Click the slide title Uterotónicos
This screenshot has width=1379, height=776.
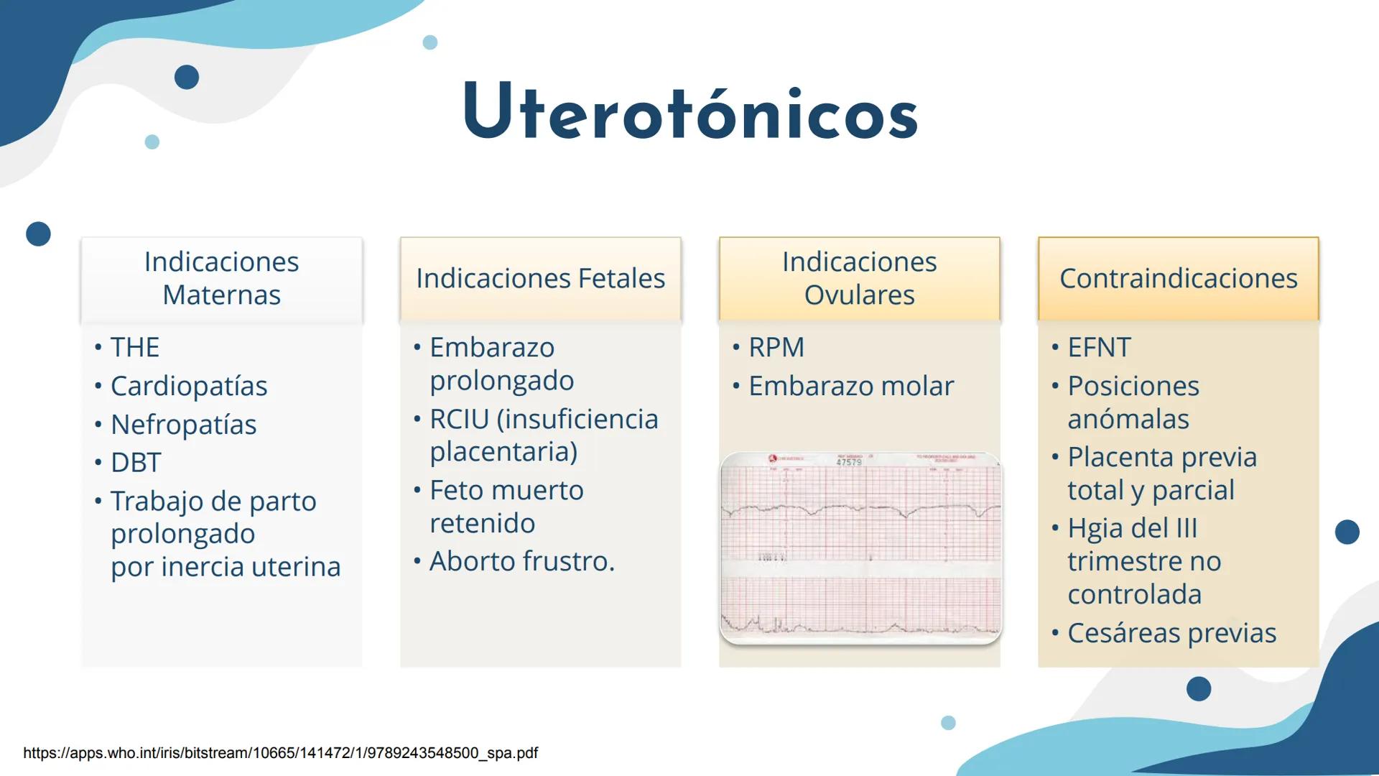pos(690,114)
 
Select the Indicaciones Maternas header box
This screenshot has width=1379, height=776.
pos(221,279)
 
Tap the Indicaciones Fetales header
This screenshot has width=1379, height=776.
pos(540,279)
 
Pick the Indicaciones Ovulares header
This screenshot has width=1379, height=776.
pos(859,279)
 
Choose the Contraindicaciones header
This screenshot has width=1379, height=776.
pos(1178,279)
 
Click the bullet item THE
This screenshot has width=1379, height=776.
pos(135,348)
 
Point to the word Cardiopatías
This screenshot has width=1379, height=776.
pos(189,387)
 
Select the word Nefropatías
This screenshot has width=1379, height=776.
pos(183,425)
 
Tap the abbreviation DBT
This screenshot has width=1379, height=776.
pos(136,463)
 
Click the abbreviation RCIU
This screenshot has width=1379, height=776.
pos(460,420)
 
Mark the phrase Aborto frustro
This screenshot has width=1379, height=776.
pos(522,561)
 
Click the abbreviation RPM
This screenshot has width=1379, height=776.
pos(776,348)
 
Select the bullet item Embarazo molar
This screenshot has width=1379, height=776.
pos(851,387)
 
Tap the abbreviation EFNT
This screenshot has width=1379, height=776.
pos(1099,348)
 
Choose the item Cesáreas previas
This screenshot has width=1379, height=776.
pos(1171,633)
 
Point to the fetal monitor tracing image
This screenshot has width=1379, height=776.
pos(860,548)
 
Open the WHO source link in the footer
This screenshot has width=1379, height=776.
pos(280,753)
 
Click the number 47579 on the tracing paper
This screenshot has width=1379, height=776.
pos(849,463)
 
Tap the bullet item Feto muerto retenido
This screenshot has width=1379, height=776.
pos(506,507)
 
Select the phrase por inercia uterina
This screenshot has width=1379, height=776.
pos(226,567)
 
